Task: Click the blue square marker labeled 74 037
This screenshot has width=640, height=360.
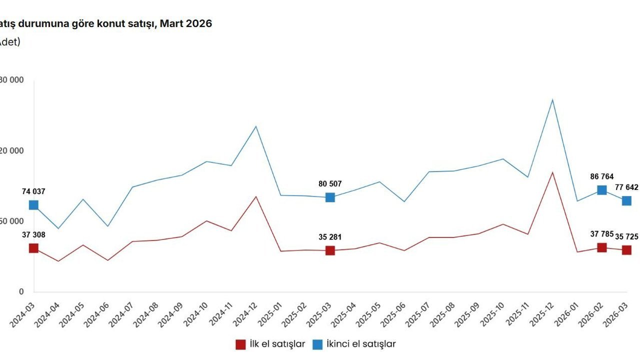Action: pyautogui.click(x=33, y=205)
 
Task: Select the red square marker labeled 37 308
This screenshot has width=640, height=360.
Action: pyautogui.click(x=33, y=248)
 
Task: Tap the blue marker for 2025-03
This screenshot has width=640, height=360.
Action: pyautogui.click(x=330, y=197)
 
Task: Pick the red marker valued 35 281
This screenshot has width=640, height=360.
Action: pyautogui.click(x=330, y=250)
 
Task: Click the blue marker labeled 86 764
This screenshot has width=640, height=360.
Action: pyautogui.click(x=602, y=190)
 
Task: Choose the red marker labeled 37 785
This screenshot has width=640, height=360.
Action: pyautogui.click(x=602, y=247)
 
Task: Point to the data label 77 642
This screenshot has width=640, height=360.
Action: pyautogui.click(x=626, y=187)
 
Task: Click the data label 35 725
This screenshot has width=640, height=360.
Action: pyautogui.click(x=626, y=236)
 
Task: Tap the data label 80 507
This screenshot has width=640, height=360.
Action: pyautogui.click(x=330, y=184)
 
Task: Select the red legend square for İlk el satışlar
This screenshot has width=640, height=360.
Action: pyautogui.click(x=240, y=344)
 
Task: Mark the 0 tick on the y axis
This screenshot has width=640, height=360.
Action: pyautogui.click(x=21, y=291)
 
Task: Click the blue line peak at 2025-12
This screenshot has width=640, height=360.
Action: pyautogui.click(x=552, y=99)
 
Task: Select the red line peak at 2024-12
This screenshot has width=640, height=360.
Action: pyautogui.click(x=256, y=196)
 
